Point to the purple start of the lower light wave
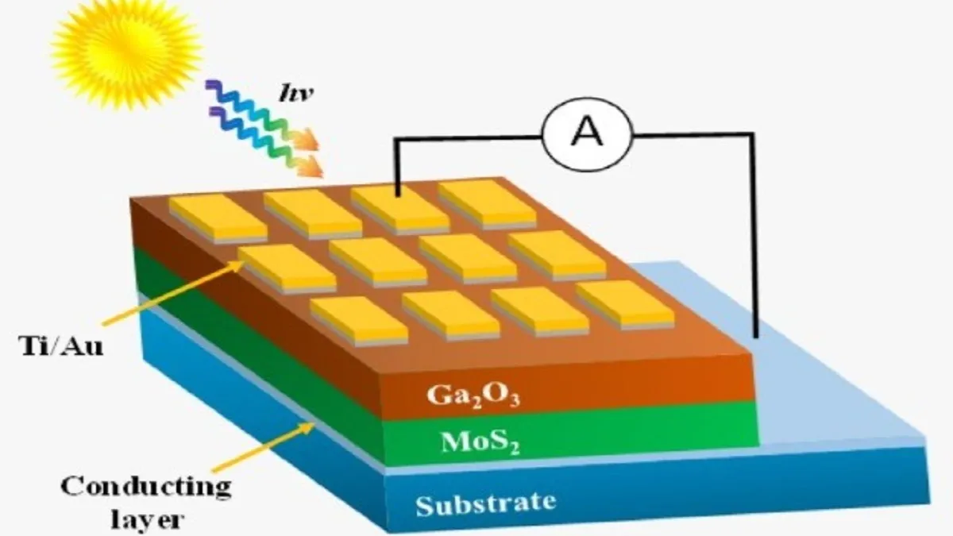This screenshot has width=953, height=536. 214,113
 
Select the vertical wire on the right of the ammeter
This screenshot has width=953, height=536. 753,238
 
